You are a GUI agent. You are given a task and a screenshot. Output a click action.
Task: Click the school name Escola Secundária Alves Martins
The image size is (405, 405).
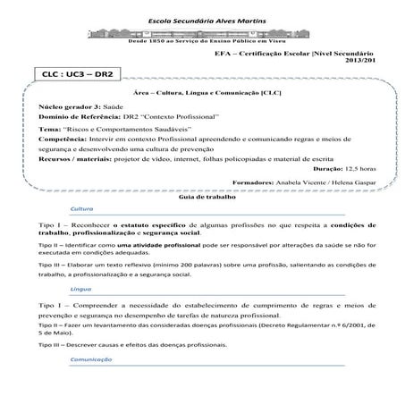click(x=202, y=20)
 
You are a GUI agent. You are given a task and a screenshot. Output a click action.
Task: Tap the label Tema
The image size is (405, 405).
click(x=52, y=129)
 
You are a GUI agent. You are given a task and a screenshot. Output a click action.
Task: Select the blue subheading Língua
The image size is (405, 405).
click(x=80, y=290)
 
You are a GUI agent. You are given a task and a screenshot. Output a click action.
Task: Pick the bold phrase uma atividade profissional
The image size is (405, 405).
click(x=146, y=244)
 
